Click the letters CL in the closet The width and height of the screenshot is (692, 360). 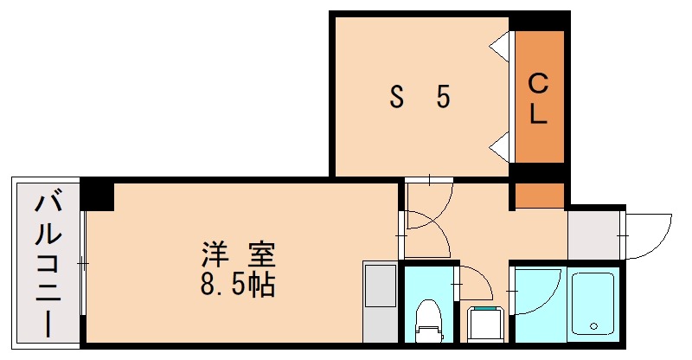(x=538, y=99)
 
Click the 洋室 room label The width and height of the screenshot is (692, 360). (x=238, y=255)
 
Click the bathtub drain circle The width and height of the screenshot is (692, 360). (x=593, y=326)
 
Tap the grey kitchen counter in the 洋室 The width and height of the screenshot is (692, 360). (x=377, y=303)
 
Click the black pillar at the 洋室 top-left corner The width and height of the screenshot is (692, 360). (x=97, y=194)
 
